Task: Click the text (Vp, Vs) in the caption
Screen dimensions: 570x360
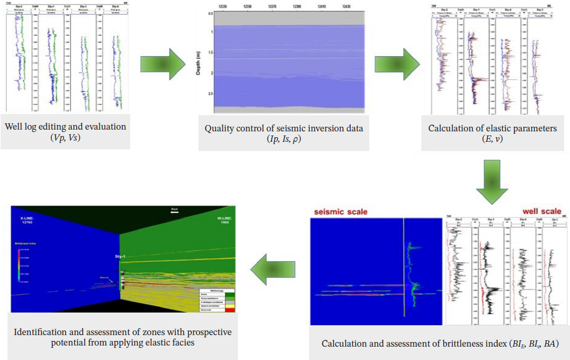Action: coord(65,137)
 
